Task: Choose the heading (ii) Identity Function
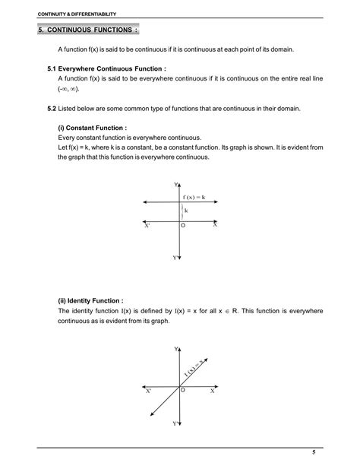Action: click(90, 300)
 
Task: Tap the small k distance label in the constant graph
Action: click(186, 210)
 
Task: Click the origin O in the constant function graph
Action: click(183, 227)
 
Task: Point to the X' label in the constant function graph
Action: click(147, 226)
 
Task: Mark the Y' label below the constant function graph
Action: click(175, 258)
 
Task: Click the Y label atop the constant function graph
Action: click(175, 185)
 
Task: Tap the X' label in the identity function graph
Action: click(148, 392)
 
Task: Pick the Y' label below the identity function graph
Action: click(175, 423)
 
